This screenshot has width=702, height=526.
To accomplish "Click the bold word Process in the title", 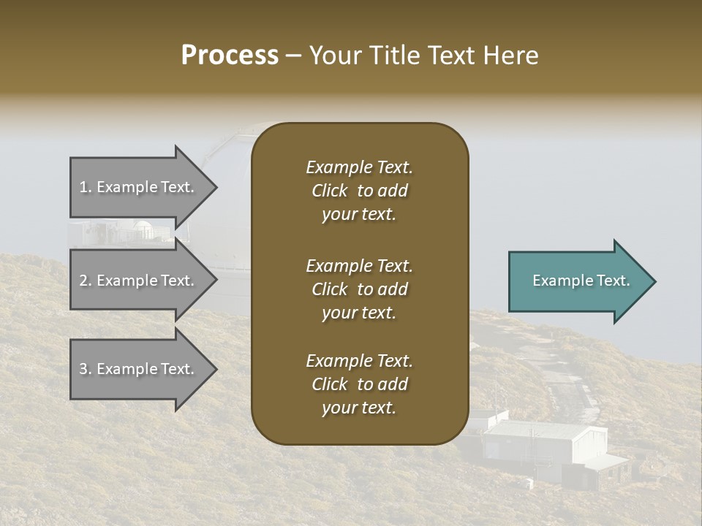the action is (230, 56).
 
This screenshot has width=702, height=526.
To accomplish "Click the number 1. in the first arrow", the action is (86, 187).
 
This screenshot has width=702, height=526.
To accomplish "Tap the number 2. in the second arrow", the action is (86, 281).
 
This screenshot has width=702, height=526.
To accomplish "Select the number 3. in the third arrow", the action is (86, 369).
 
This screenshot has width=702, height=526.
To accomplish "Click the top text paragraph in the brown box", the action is (359, 191).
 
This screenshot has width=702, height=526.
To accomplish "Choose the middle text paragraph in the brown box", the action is (359, 289).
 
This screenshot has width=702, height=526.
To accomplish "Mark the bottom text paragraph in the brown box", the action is (359, 384).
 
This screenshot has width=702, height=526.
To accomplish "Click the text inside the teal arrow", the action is (581, 281).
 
